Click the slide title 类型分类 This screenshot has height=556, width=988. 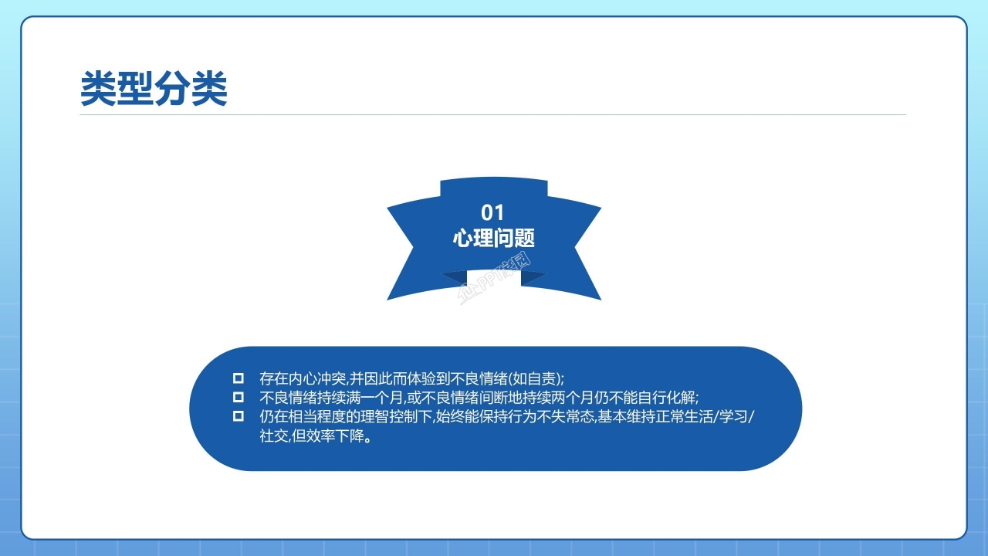coord(154,90)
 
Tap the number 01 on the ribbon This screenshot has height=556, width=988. coord(492,212)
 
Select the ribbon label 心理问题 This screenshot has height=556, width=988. coord(493,238)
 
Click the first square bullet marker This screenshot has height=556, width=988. coord(239,378)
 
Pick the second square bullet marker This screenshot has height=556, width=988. coord(239,398)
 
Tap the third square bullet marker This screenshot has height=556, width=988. coord(239,417)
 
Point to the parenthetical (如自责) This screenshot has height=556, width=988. coord(536,378)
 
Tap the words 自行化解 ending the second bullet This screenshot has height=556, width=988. coord(668,398)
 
